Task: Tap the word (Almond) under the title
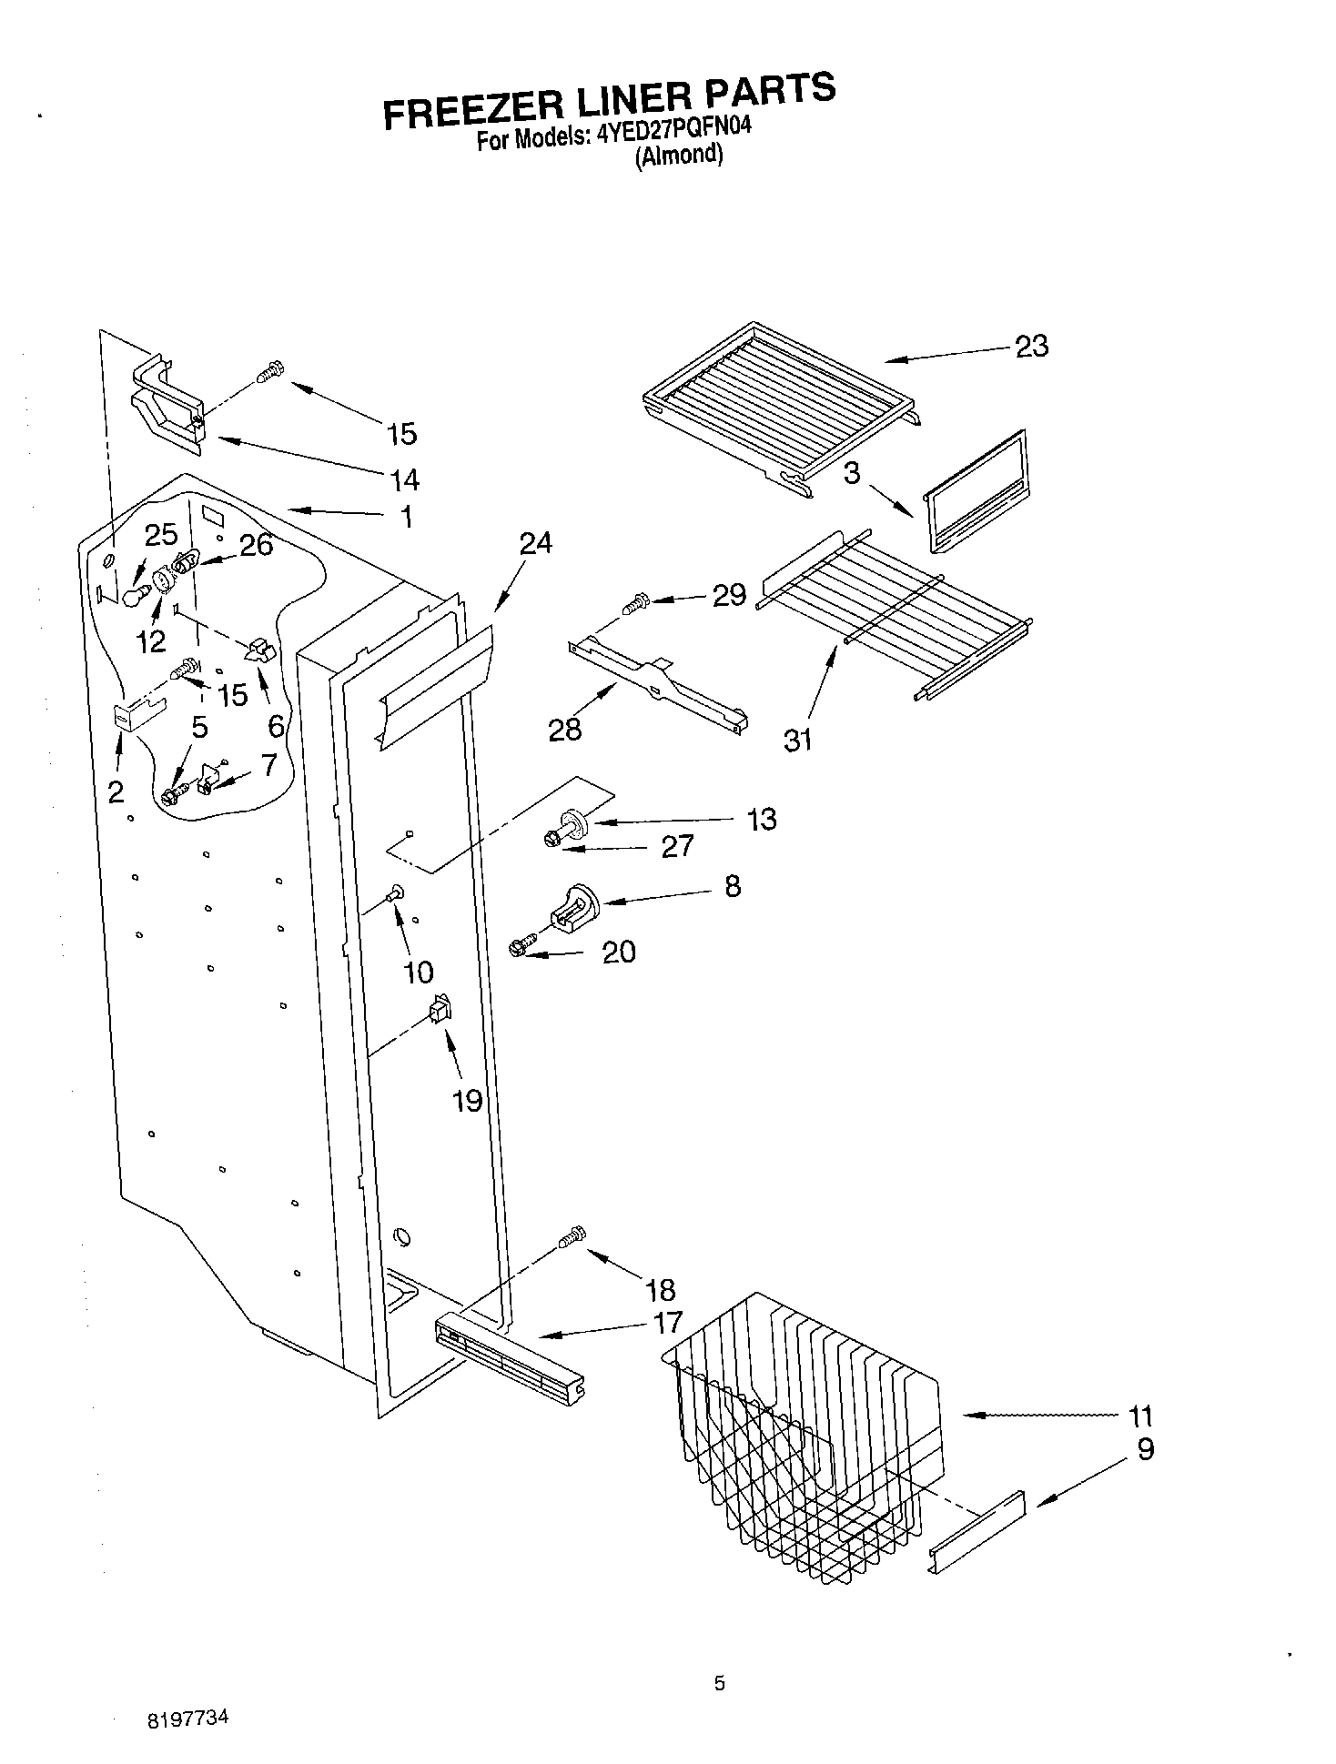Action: (x=678, y=156)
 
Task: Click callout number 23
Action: (x=1031, y=346)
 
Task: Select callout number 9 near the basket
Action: (x=1145, y=1448)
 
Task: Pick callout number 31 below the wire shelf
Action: (x=797, y=741)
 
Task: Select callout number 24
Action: (x=535, y=543)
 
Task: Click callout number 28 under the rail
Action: (x=564, y=730)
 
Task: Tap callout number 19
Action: (x=467, y=1101)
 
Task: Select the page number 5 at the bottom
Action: (x=719, y=1684)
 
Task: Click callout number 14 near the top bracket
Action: (x=404, y=479)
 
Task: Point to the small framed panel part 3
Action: (x=974, y=491)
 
